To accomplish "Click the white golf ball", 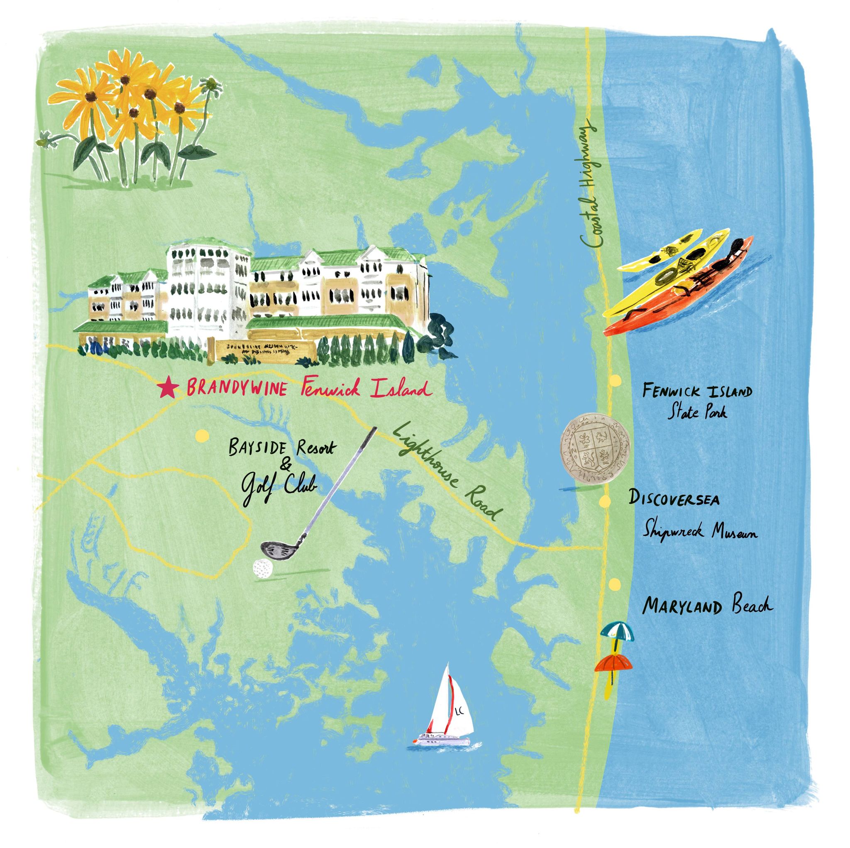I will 261,568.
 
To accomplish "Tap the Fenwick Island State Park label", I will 697,401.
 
